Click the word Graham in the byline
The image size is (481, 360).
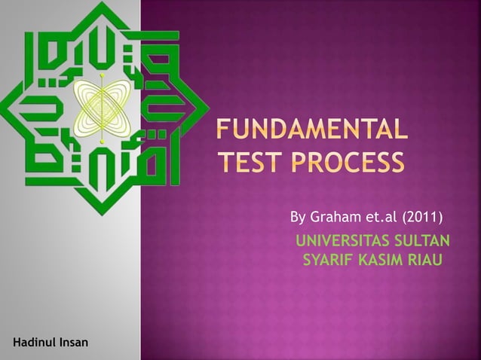[337, 218]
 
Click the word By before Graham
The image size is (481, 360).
[298, 218]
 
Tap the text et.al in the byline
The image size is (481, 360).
[381, 218]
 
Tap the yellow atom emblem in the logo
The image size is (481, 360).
[100, 108]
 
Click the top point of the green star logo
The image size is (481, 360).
[100, 5]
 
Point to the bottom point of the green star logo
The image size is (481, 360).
[100, 214]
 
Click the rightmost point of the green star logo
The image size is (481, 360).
[207, 108]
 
